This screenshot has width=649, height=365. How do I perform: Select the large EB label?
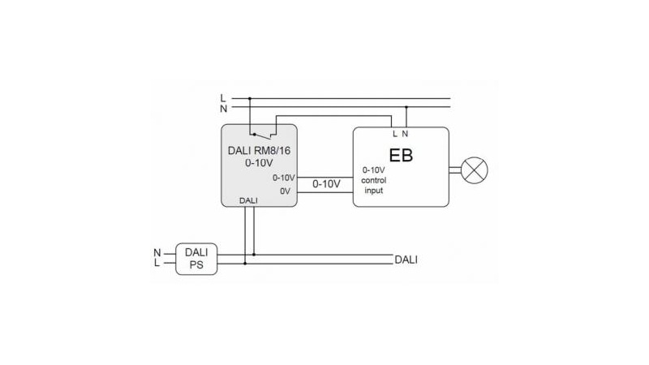point(401,155)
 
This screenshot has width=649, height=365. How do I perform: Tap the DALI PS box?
point(196,259)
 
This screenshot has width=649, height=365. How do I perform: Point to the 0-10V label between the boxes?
point(326,184)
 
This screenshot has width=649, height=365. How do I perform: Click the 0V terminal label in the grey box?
point(285,191)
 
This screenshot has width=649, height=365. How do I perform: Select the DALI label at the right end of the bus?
point(406,260)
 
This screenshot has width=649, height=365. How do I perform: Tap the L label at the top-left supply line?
point(223,98)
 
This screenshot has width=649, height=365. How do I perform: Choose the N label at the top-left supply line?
point(223,108)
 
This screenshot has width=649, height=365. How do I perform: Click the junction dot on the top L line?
point(250,99)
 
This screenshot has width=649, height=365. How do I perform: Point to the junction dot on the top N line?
point(406,107)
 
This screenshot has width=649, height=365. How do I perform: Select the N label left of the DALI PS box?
point(157,253)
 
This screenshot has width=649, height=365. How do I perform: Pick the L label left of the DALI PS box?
point(157,264)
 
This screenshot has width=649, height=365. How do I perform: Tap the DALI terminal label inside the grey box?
point(249,200)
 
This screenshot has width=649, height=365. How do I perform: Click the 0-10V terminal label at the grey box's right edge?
point(283,177)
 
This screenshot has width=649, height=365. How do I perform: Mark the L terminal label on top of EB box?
point(395,133)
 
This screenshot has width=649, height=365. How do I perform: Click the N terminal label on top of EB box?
point(406,133)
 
